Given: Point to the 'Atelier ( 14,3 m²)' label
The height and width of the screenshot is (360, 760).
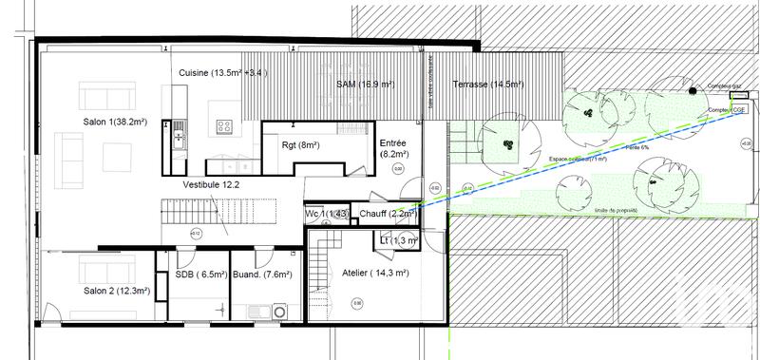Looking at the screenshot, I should pos(374,273).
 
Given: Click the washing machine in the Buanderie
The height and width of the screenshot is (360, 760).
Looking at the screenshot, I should pos(280,311).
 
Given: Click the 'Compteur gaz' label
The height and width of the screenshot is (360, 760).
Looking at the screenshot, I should pos(723,86).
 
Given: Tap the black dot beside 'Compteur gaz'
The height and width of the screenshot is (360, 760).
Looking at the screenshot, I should pos(693,90).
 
